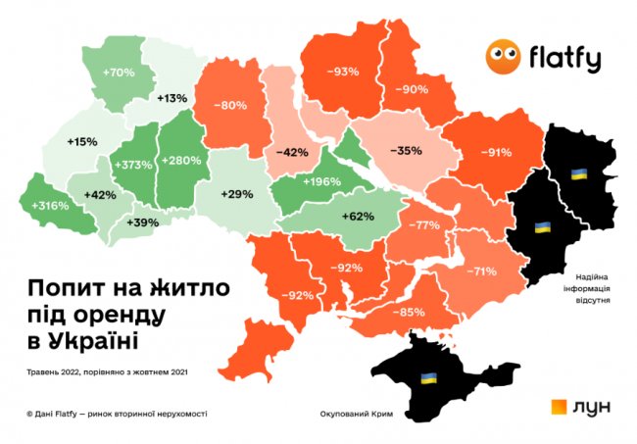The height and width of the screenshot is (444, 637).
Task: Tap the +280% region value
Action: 181,160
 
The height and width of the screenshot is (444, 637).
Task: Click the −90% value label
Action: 412,89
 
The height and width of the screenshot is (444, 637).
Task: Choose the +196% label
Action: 320,181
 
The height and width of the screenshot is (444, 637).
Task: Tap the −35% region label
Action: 405,151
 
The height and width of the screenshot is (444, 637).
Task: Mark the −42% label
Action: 292,153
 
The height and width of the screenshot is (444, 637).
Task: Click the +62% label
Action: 357,215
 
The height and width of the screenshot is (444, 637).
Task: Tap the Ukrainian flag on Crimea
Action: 428,377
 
